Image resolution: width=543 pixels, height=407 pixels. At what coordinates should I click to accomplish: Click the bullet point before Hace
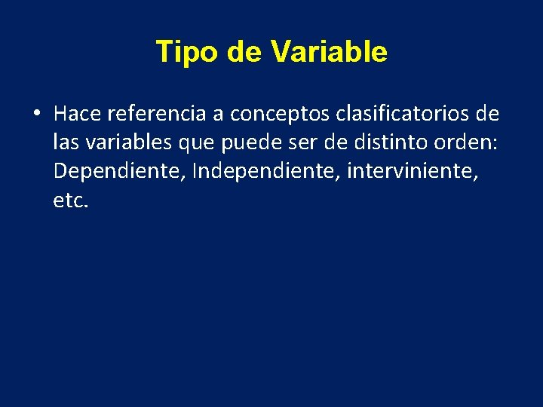(x=35, y=115)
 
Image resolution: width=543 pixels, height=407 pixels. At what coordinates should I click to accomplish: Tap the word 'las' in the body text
(x=66, y=142)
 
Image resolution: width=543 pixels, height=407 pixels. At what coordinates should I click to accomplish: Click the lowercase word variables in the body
(x=121, y=142)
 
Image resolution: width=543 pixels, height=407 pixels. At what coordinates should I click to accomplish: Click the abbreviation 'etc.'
(x=71, y=200)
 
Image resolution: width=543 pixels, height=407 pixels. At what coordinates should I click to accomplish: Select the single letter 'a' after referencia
(x=219, y=115)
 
